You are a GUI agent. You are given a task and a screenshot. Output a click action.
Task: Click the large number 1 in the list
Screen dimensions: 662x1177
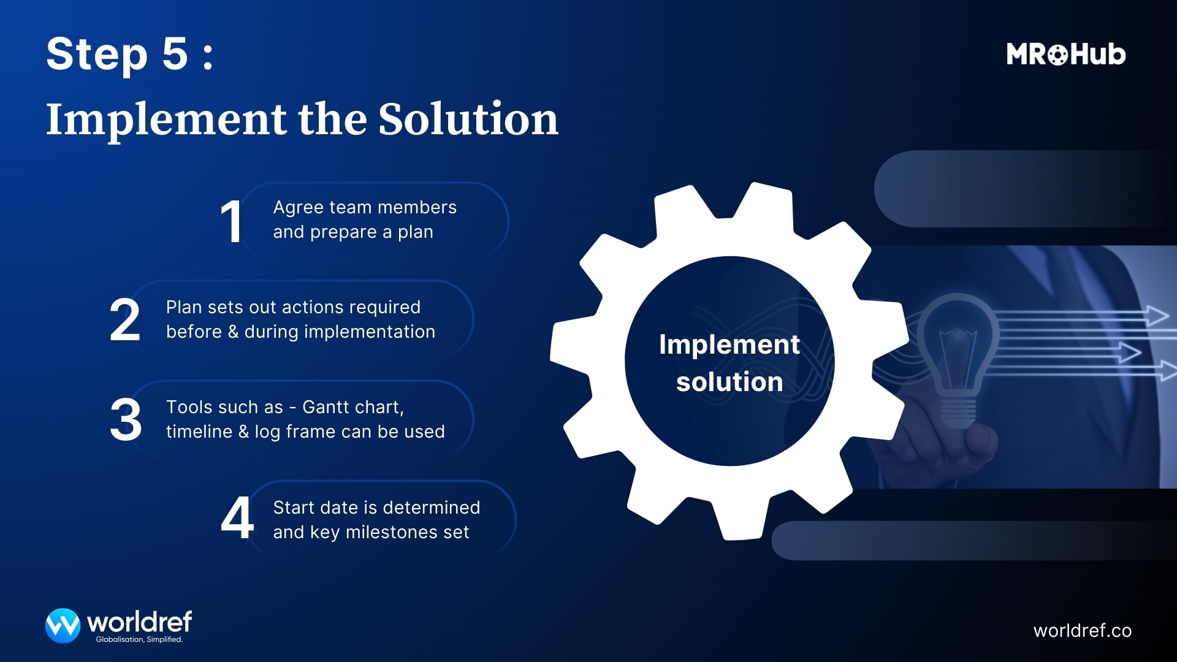point(231,222)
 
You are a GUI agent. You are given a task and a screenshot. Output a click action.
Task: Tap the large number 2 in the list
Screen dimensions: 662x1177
point(125,320)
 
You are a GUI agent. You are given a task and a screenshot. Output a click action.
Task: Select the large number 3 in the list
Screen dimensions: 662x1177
point(126,420)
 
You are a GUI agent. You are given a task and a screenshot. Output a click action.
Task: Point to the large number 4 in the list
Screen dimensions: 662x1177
point(237,519)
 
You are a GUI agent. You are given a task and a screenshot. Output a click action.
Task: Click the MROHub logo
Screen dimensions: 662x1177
point(1065,55)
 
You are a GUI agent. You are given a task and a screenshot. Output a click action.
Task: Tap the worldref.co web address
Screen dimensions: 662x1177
point(1082,631)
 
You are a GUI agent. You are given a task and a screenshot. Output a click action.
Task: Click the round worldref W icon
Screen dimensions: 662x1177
point(63,625)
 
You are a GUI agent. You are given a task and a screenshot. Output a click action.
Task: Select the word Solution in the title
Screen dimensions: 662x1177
point(468,119)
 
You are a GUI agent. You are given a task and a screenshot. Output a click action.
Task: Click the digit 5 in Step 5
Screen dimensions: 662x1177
point(175,54)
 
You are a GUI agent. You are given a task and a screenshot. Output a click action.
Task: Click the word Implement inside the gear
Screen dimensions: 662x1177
point(729,344)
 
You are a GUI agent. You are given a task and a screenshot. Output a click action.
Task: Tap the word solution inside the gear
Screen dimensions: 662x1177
point(729,382)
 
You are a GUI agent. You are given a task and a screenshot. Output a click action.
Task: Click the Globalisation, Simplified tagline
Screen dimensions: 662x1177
point(139,639)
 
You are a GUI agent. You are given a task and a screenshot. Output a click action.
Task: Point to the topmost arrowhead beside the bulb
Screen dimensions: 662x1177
point(1157,316)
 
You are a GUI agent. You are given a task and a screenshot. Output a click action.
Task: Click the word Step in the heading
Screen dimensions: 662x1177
point(97,55)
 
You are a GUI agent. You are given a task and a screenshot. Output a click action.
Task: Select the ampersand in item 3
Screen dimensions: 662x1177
point(243,432)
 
